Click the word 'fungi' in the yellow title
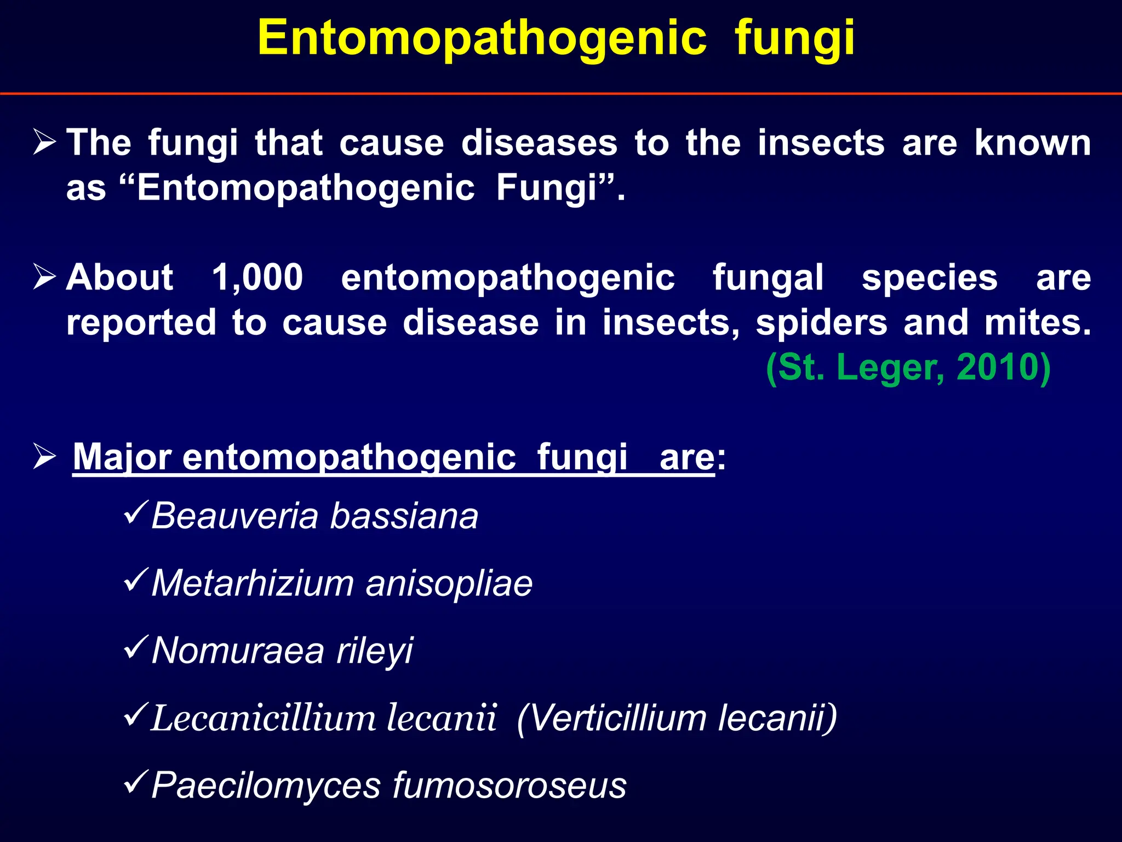point(794,38)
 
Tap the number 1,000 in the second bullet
point(257,277)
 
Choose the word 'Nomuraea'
point(238,651)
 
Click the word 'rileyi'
point(375,652)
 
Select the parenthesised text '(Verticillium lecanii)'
point(677,718)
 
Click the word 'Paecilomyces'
point(266,786)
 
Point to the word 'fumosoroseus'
point(510,786)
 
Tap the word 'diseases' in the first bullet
point(539,143)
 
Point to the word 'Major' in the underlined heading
point(122,457)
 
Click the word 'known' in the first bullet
point(1033,143)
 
